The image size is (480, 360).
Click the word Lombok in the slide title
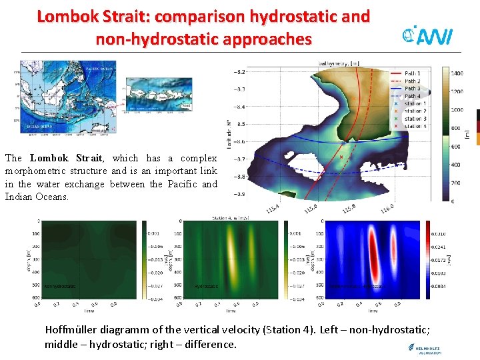(69, 17)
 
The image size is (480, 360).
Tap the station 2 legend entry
(414, 111)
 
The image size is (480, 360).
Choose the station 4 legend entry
(414, 126)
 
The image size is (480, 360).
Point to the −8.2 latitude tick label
(239, 72)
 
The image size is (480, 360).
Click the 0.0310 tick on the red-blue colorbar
(439, 234)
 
